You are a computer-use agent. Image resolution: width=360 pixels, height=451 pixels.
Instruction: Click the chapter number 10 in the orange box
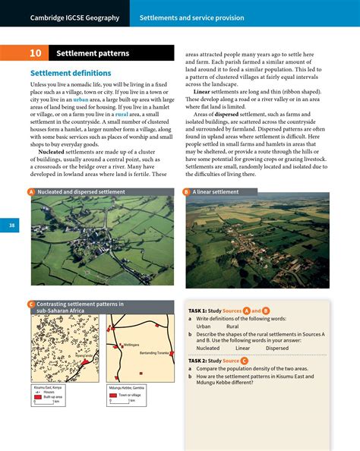(36, 54)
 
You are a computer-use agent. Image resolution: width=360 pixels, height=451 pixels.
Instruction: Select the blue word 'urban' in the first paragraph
(81, 99)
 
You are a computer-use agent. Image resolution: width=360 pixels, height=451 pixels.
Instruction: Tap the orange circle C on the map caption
(33, 304)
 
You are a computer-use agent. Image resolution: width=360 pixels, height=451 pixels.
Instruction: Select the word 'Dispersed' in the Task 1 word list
(276, 348)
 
